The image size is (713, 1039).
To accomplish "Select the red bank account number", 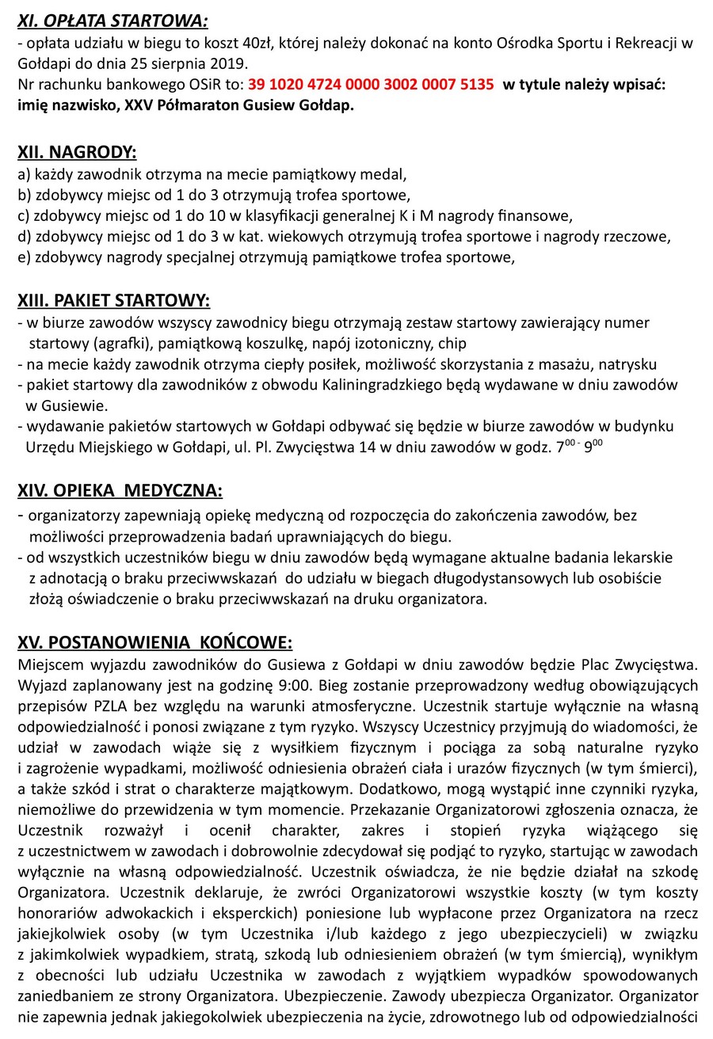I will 371,84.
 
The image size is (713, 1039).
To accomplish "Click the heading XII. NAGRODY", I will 77,153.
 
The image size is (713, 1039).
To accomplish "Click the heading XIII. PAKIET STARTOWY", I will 113,300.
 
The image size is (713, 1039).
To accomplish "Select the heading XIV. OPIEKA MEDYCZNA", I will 120,491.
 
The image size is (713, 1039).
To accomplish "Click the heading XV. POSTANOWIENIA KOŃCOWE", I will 154,641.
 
